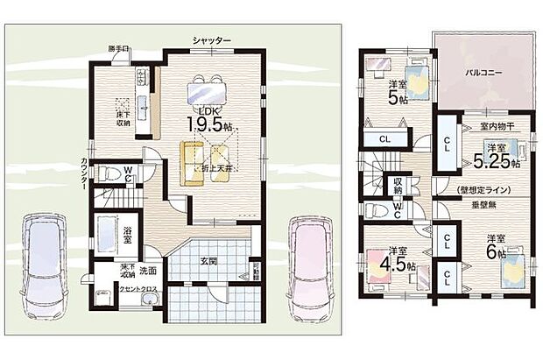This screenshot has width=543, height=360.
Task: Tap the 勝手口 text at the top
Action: point(119,48)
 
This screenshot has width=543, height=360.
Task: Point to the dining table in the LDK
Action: point(208,89)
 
